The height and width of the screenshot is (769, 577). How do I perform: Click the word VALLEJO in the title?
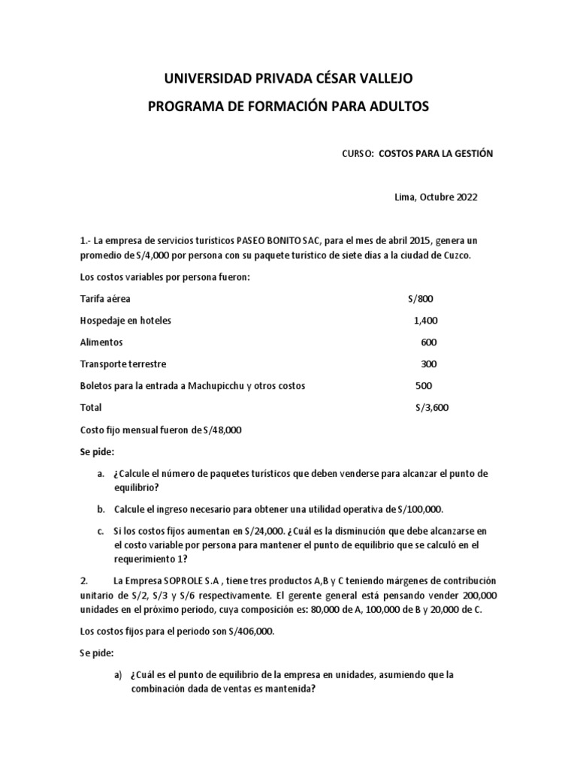tap(379, 78)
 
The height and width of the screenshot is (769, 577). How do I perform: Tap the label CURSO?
tap(357, 153)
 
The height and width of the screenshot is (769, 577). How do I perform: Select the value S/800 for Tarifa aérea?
tap(421, 299)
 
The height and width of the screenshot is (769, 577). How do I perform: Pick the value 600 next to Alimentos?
tap(429, 342)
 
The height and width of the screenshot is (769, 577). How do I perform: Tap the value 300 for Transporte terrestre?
tap(429, 364)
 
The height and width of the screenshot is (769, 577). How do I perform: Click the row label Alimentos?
tap(101, 342)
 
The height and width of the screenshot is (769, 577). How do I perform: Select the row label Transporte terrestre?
tap(123, 364)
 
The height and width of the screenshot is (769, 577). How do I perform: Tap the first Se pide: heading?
tap(98, 452)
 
